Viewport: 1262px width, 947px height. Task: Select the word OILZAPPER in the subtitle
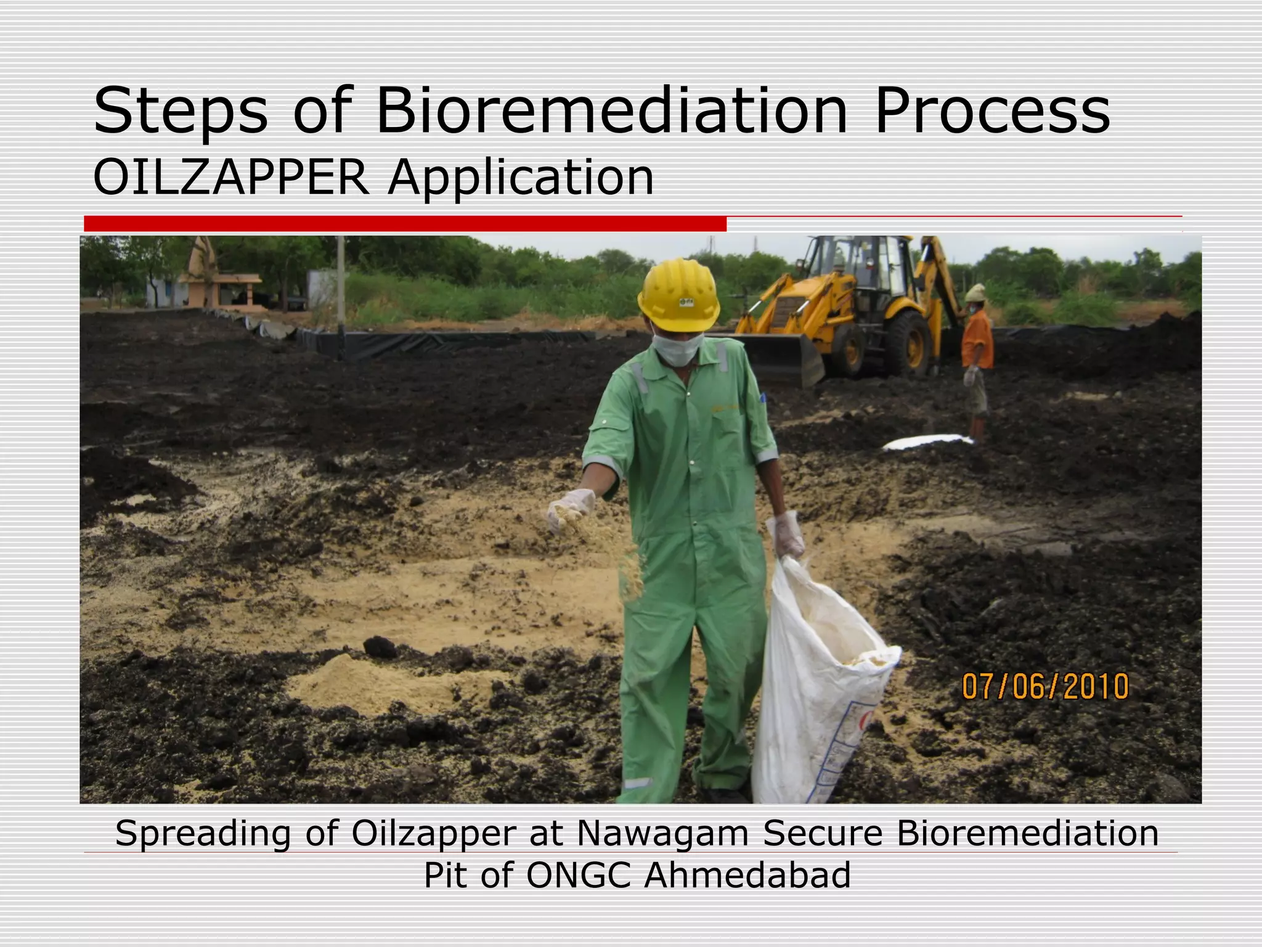(x=231, y=178)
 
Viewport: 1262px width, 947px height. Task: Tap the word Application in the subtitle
(x=521, y=179)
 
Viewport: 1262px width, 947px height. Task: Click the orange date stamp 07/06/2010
(x=1045, y=687)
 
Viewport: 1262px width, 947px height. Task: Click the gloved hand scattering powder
(x=570, y=509)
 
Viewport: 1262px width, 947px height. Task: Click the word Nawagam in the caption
(x=662, y=834)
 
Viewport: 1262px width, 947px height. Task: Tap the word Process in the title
(x=992, y=111)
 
